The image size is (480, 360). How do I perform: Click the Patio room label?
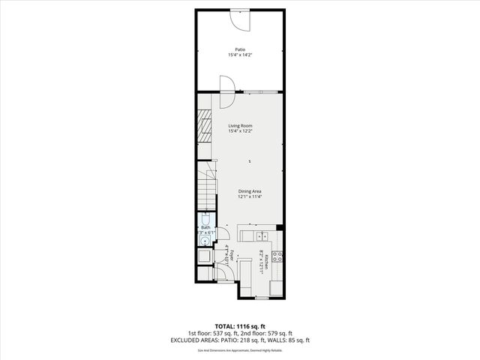click(240, 49)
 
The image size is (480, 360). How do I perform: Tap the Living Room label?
click(240, 125)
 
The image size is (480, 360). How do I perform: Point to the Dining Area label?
click(250, 191)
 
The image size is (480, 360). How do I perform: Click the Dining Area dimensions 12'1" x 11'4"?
click(250, 197)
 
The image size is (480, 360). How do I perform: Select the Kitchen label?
click(265, 259)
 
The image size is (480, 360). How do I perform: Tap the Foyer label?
click(232, 255)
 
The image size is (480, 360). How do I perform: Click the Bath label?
click(205, 227)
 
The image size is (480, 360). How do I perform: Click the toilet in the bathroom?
click(205, 220)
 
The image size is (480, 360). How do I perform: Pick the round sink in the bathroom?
click(205, 241)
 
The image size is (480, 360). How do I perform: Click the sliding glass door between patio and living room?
click(259, 91)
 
